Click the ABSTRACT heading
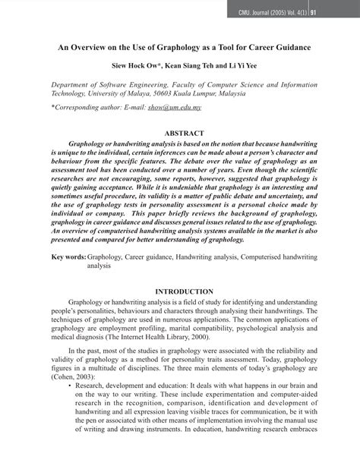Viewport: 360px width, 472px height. tap(179, 133)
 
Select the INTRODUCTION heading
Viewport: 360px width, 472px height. tap(180, 291)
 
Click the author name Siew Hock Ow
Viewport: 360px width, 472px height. tap(135, 65)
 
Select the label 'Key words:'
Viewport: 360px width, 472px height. tap(68, 257)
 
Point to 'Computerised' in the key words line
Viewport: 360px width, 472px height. tap(262, 257)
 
